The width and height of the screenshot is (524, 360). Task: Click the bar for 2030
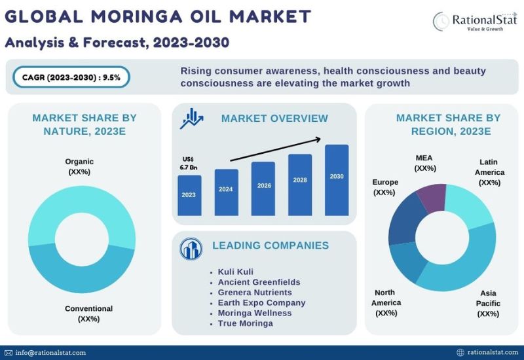(x=337, y=180)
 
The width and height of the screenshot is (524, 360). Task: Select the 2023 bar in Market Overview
(x=189, y=195)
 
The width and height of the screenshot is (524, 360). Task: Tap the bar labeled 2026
(x=263, y=189)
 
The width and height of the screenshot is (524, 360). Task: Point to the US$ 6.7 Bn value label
(x=188, y=163)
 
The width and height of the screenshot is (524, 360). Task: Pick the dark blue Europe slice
(x=403, y=221)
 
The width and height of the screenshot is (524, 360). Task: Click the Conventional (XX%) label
(x=88, y=314)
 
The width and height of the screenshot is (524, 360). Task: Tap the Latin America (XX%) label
(x=489, y=172)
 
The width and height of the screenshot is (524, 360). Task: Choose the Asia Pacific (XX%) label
(x=488, y=303)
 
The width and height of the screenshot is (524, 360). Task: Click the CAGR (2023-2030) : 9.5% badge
(x=71, y=77)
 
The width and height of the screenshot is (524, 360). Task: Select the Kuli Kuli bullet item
(x=236, y=272)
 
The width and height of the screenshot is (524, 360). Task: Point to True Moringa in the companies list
(x=245, y=323)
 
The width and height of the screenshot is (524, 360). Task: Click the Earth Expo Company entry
(x=261, y=302)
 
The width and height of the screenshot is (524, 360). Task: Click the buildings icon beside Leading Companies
(x=191, y=249)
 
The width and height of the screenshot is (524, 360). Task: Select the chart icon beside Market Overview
(x=191, y=118)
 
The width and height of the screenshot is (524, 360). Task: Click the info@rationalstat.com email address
(x=50, y=353)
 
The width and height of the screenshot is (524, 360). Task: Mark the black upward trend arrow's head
(x=318, y=139)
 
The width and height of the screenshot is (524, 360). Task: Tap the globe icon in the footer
(x=460, y=352)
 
